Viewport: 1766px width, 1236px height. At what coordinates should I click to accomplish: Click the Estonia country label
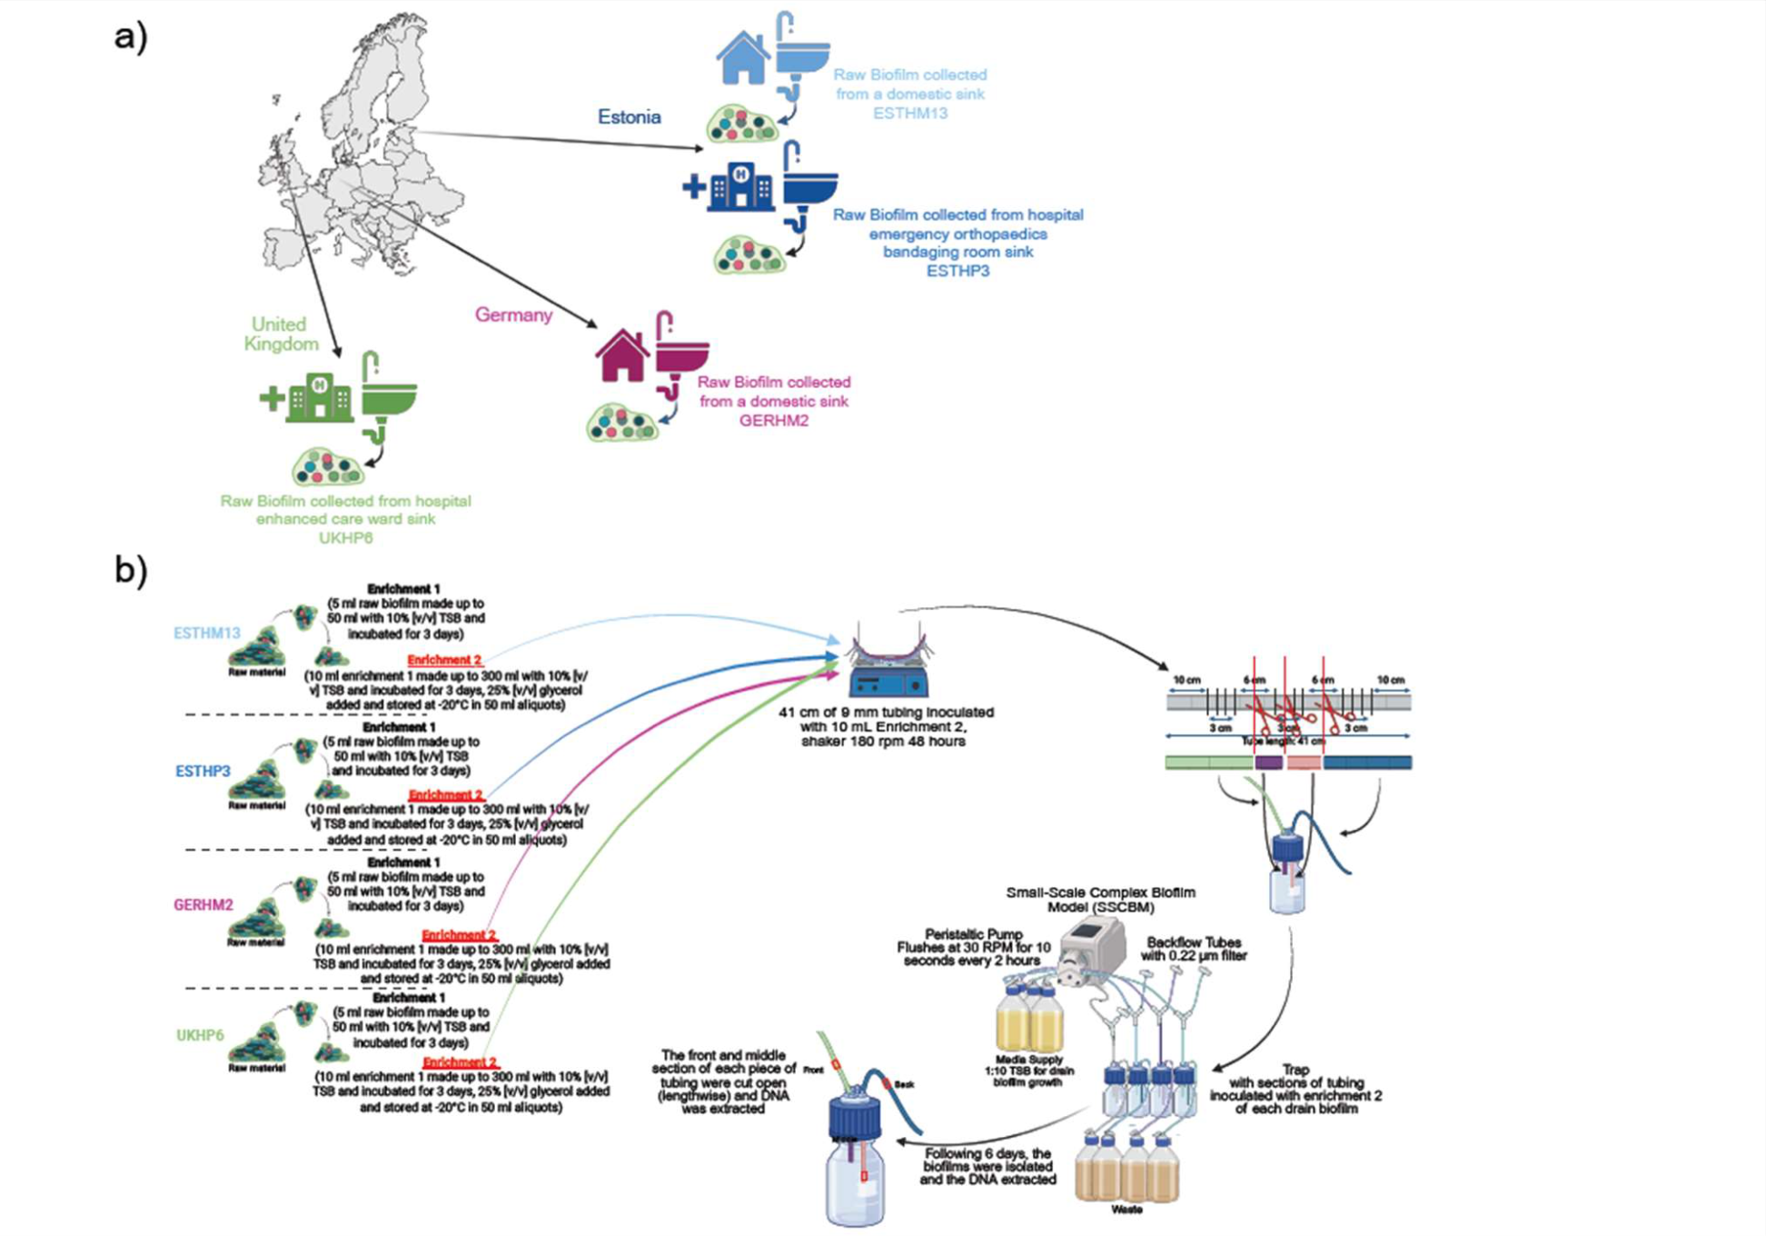click(629, 116)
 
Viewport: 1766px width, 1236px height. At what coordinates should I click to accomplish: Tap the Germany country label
click(513, 314)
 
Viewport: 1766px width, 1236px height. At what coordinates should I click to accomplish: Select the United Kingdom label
click(281, 334)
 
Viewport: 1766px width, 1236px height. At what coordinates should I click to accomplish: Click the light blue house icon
click(742, 57)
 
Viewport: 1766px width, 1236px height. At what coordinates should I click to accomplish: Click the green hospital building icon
click(318, 397)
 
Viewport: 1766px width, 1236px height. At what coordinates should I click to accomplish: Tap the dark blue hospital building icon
click(741, 186)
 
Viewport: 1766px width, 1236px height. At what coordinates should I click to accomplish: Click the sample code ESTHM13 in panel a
click(909, 114)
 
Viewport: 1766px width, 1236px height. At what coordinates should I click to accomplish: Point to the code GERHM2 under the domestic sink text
click(773, 421)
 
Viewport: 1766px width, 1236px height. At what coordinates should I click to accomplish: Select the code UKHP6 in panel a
click(345, 538)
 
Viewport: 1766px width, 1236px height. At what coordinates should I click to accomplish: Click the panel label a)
click(131, 36)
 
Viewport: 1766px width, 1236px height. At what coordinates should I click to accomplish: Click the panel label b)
click(131, 570)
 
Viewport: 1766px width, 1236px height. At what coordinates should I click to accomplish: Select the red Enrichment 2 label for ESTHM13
click(444, 660)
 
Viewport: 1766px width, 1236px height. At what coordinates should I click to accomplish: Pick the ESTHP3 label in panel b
click(203, 772)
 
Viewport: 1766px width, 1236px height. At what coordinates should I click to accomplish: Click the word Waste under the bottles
click(1126, 1210)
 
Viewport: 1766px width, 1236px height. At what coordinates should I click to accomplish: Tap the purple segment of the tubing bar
click(1268, 763)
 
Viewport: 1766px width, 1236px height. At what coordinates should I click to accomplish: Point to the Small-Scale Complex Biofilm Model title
click(1100, 900)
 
